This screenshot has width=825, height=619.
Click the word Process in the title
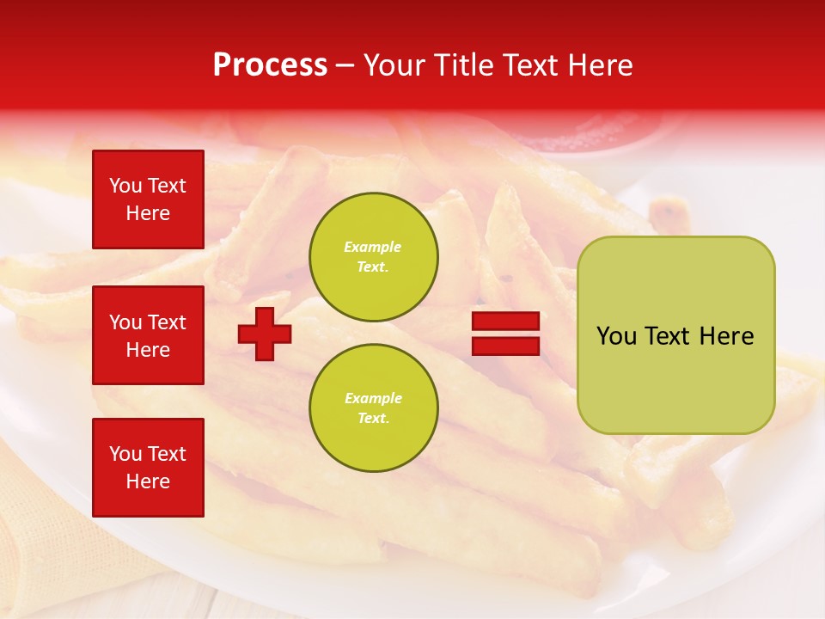[x=270, y=65]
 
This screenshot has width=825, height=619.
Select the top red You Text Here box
[x=148, y=199]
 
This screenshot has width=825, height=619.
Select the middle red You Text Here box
[x=148, y=335]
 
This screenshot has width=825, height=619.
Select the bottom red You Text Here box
[x=148, y=468]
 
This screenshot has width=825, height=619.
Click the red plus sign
[x=265, y=334]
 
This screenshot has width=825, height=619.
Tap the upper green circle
[x=374, y=256]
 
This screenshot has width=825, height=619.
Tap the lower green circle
[x=374, y=408]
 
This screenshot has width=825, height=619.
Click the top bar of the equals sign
[x=505, y=322]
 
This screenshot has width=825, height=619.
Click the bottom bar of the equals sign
[x=505, y=346]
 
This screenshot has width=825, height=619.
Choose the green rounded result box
[x=675, y=335]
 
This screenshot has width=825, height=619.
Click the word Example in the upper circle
[x=373, y=247]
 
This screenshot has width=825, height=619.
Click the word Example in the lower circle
[x=373, y=398]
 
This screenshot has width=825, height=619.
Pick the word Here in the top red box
[x=148, y=213]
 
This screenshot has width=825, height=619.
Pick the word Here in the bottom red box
[x=148, y=481]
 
